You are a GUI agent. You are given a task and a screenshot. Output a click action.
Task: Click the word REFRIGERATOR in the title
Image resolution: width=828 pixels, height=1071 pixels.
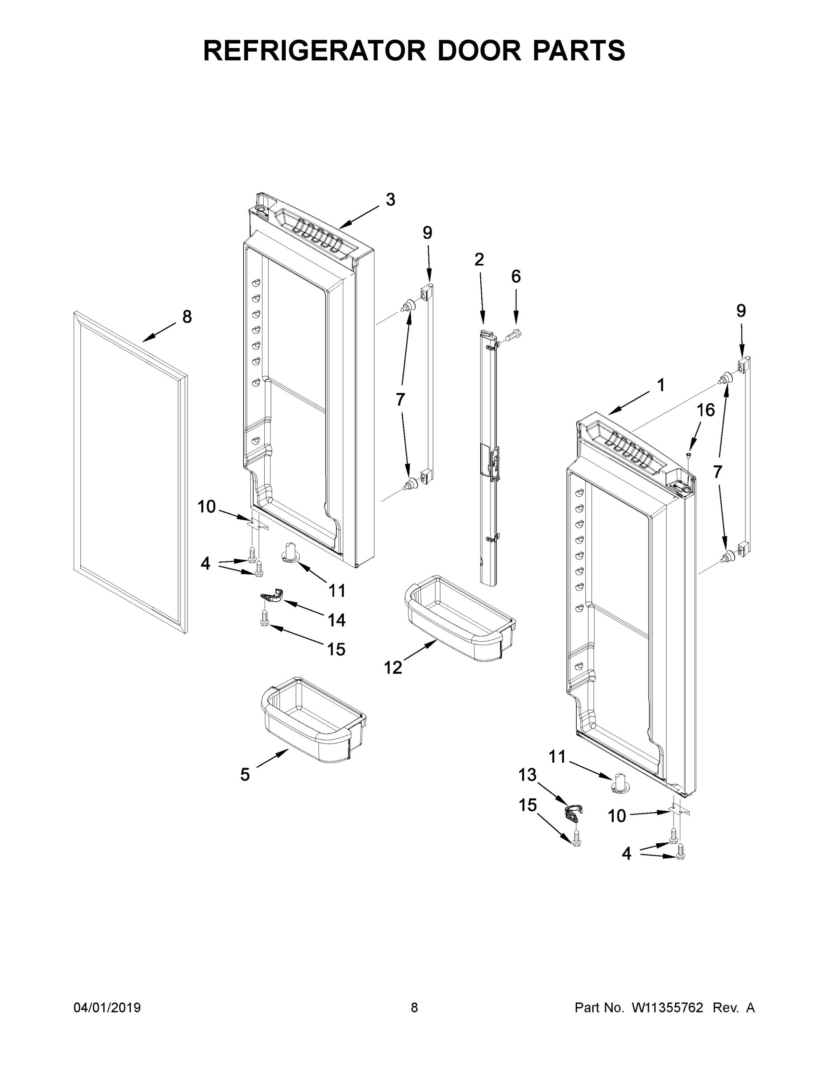[314, 50]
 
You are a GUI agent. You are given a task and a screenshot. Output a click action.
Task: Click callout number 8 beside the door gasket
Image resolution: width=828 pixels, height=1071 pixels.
[187, 317]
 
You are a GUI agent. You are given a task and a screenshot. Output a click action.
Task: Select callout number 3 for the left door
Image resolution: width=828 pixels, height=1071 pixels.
[390, 199]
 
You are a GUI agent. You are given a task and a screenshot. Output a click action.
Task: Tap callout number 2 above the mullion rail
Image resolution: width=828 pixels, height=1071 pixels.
[479, 259]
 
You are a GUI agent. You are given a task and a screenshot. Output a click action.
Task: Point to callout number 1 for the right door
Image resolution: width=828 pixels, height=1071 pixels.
[661, 385]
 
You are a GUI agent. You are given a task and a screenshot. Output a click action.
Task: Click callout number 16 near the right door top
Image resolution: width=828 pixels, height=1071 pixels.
[706, 410]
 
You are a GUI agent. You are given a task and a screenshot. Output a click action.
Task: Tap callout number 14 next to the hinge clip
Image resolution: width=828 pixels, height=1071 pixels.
[337, 620]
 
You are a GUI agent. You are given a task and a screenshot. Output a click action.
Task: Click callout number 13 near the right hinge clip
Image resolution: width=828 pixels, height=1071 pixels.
[527, 775]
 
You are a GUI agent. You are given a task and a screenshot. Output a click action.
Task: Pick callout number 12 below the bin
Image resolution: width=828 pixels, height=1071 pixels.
[393, 668]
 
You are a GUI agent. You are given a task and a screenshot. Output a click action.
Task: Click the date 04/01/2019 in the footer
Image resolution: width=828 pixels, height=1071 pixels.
[107, 1007]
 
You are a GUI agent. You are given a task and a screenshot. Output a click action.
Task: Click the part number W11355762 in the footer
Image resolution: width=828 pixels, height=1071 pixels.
[667, 1007]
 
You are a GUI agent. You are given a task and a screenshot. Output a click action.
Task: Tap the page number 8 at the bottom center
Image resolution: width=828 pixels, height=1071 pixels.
[414, 1007]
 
